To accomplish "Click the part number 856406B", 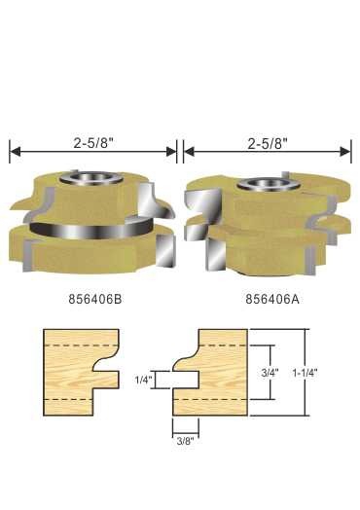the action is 95,299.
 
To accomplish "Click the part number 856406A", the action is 272,299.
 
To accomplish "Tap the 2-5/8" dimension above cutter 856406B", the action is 92,143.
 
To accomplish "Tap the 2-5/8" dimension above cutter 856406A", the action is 268,143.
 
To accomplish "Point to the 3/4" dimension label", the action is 270,373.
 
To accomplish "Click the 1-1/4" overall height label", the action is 305,373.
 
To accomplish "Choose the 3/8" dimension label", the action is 185,441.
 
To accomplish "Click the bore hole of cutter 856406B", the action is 92,178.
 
